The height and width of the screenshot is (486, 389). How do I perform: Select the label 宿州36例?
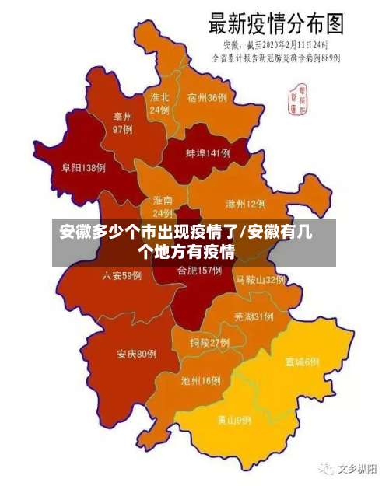(208, 98)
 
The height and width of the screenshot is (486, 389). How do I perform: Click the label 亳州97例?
(123, 123)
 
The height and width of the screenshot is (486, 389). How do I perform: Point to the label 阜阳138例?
(84, 167)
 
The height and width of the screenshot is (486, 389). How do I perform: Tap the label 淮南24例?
(163, 206)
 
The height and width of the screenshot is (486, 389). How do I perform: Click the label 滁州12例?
(246, 205)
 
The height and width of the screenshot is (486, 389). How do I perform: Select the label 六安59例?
(122, 275)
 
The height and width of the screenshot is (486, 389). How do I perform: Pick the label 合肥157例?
(200, 271)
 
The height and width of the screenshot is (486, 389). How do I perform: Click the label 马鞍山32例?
(261, 280)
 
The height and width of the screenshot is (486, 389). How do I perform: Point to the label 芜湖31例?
(254, 316)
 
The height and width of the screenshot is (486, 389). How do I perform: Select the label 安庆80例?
(137, 355)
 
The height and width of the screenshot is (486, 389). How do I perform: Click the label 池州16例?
(201, 381)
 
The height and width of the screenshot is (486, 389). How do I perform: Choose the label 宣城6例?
(302, 362)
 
